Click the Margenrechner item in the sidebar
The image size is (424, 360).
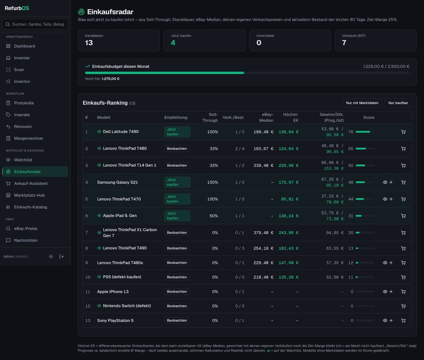pyautogui.click(x=28, y=138)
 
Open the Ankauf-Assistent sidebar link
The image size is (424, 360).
pyautogui.click(x=31, y=183)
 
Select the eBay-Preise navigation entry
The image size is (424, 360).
pyautogui.click(x=26, y=229)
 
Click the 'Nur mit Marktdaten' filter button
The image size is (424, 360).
pyautogui.click(x=362, y=103)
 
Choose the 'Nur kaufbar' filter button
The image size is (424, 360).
pyautogui.click(x=398, y=103)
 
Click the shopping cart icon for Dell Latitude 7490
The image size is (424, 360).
pyautogui.click(x=403, y=132)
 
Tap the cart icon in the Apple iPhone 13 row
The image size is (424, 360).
pyautogui.click(x=403, y=291)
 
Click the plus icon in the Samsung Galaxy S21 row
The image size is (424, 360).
pyautogui.click(x=391, y=182)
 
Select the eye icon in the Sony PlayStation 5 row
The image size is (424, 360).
pyautogui.click(x=385, y=321)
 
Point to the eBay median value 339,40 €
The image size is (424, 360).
pyautogui.click(x=263, y=165)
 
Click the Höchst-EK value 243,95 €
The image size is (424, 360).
pyautogui.click(x=288, y=233)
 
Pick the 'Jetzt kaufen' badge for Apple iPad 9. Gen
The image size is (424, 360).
pyautogui.click(x=177, y=216)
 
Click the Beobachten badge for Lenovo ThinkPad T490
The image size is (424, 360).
pyautogui.click(x=177, y=248)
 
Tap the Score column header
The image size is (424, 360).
pyautogui.click(x=369, y=117)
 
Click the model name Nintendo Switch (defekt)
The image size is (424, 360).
pyautogui.click(x=127, y=306)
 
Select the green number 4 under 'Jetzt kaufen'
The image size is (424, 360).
pyautogui.click(x=173, y=43)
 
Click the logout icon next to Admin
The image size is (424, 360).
pyautogui.click(x=61, y=256)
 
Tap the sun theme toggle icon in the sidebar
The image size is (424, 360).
pyautogui.click(x=51, y=256)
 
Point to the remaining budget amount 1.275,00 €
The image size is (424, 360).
pyautogui.click(x=111, y=79)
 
